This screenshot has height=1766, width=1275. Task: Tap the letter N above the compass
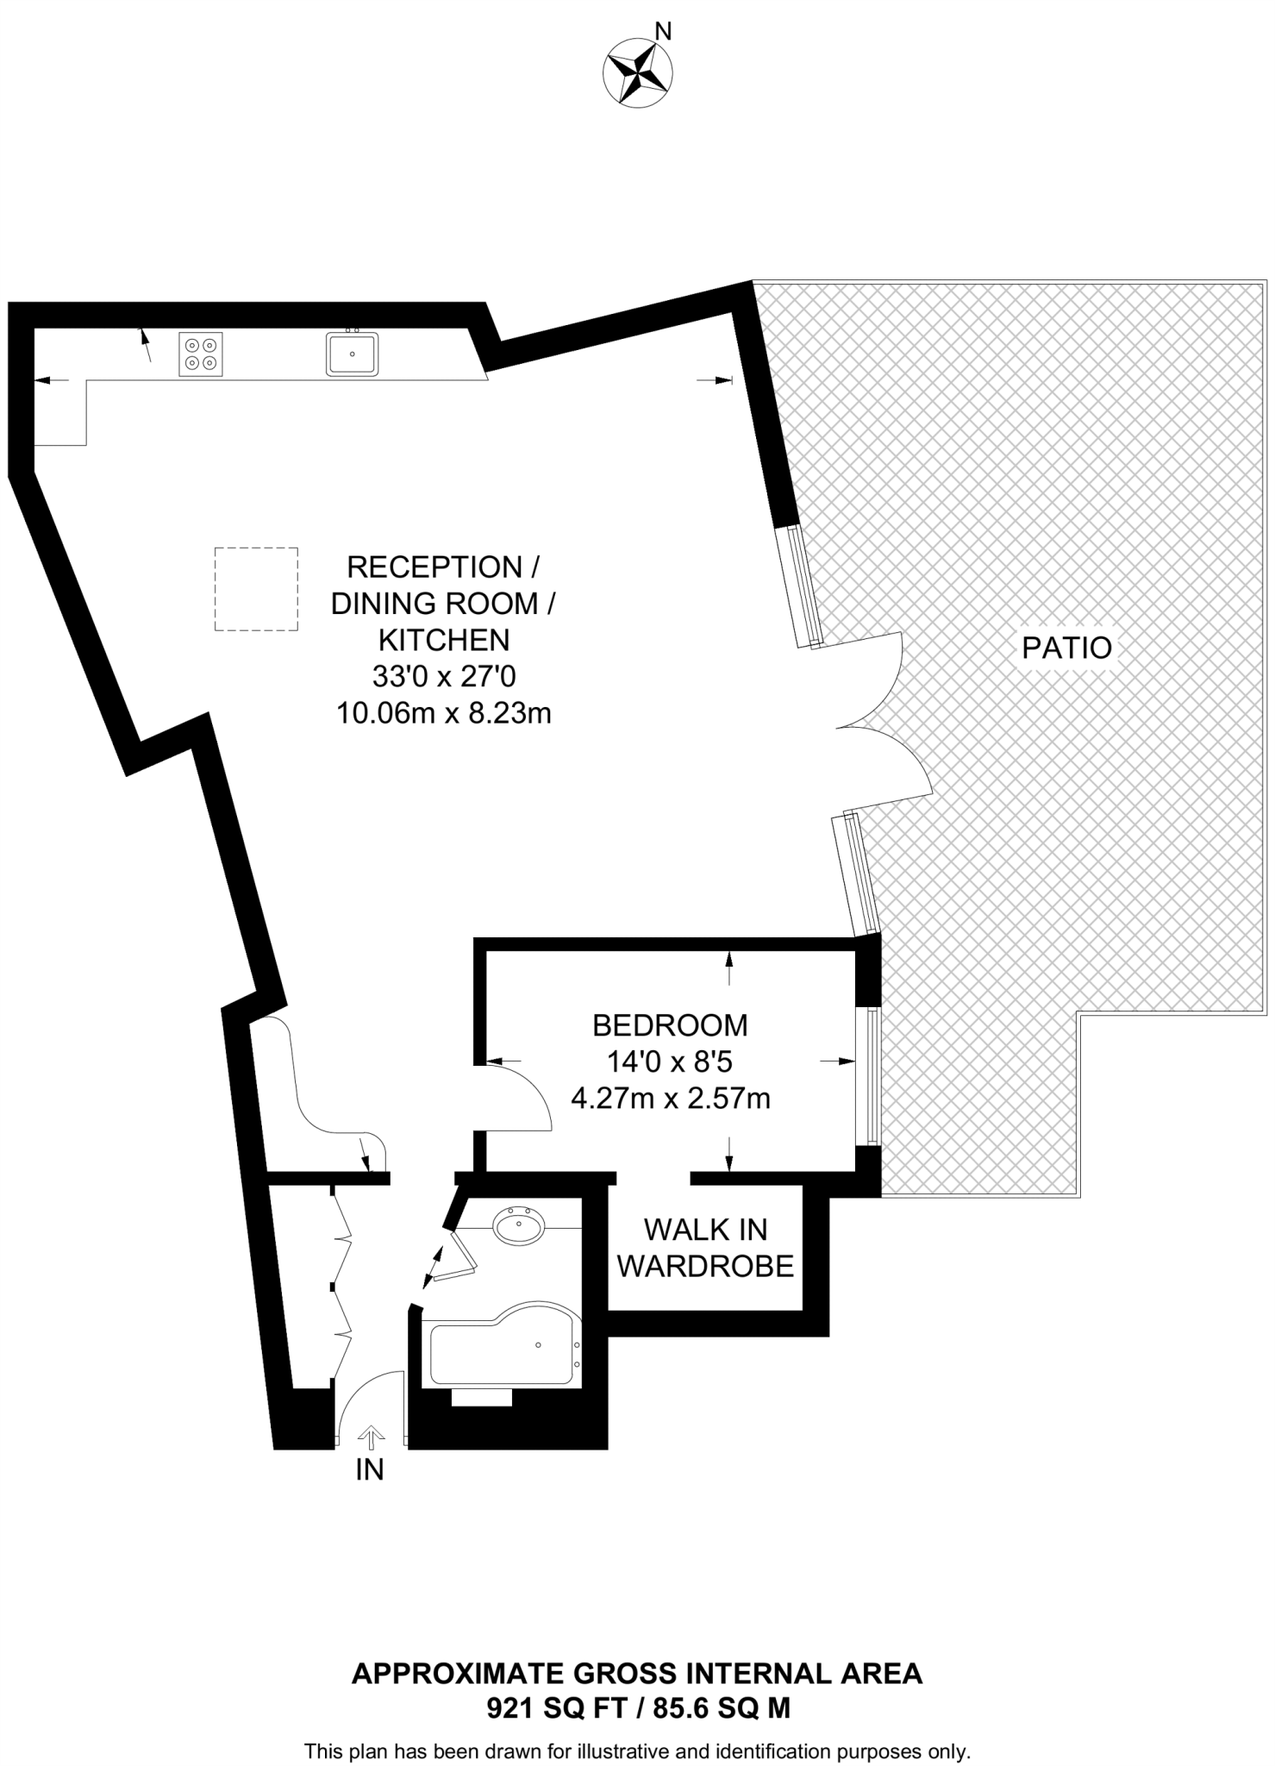[663, 32]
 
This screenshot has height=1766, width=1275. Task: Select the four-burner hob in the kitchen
[201, 354]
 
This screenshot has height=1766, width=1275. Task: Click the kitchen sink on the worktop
[352, 354]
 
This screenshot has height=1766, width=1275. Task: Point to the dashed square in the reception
[256, 589]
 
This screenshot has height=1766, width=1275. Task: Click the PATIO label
[1067, 648]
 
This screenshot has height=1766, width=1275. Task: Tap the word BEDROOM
[670, 1025]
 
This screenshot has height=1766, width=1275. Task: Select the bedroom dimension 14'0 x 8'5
[670, 1061]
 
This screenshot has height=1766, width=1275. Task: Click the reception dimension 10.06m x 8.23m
[444, 714]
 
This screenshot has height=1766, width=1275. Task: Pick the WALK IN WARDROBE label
[706, 1248]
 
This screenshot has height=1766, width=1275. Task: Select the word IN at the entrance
[370, 1470]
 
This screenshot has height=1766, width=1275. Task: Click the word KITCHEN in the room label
[444, 640]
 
